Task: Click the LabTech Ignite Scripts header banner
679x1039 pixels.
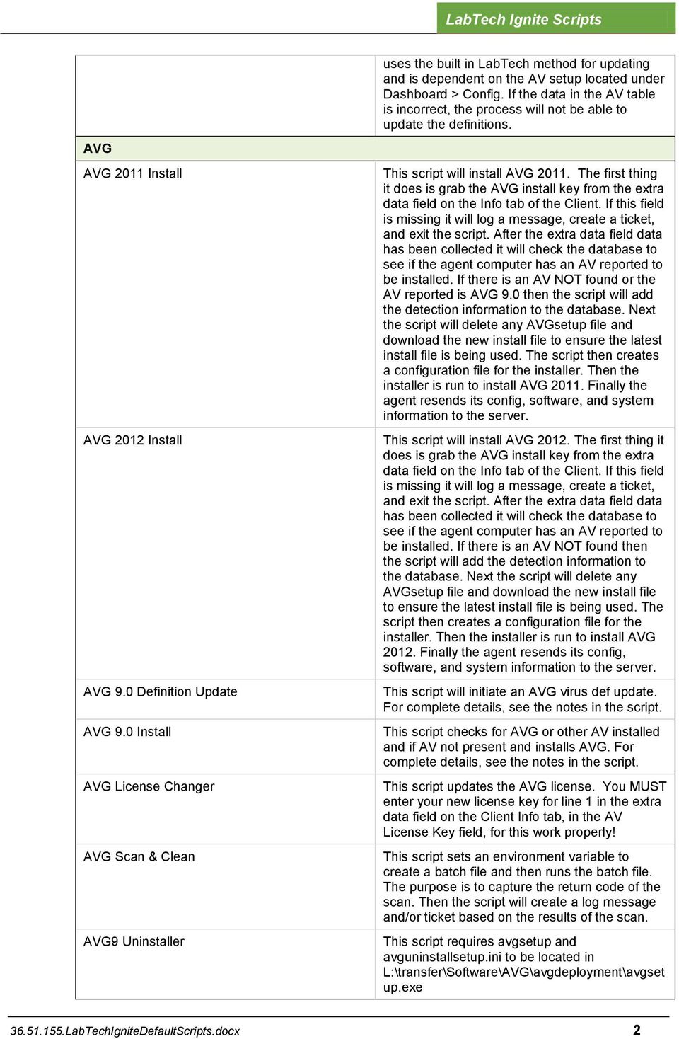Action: [523, 19]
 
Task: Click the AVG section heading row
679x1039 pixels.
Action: [98, 149]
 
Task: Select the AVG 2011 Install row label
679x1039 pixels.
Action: [132, 173]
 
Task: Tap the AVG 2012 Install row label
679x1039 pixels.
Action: [132, 440]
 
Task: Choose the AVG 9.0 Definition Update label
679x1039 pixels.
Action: [160, 691]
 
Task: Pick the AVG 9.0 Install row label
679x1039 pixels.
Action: [127, 732]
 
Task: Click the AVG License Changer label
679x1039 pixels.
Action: [149, 786]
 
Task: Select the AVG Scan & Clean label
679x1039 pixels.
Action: [139, 856]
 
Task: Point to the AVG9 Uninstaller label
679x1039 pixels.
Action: [134, 941]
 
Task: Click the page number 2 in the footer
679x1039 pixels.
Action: [637, 1031]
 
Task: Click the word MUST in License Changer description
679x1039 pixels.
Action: [648, 786]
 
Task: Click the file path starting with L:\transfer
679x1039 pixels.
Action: [523, 972]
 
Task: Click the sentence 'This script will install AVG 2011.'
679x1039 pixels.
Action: [476, 173]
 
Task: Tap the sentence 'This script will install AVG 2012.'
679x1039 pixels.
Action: [476, 440]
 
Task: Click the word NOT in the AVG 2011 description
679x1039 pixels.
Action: [568, 280]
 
